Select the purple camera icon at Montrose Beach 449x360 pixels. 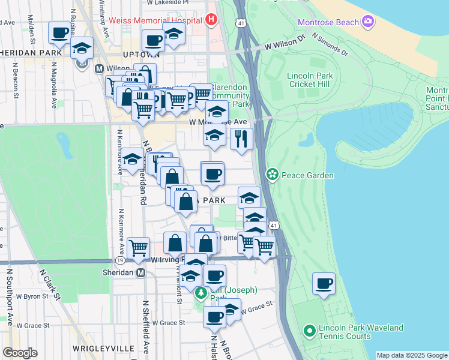coord(368,23)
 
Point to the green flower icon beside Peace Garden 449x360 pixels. coord(273,175)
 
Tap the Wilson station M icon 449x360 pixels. coord(100,68)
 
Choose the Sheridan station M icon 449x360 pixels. coord(141,273)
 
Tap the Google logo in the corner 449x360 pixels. coord(20,353)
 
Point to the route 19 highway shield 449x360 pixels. coord(120,261)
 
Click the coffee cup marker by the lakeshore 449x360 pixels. coord(324,283)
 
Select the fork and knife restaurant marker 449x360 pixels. coord(241,139)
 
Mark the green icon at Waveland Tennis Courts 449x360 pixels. coord(310,331)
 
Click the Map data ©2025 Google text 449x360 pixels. coord(411,355)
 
